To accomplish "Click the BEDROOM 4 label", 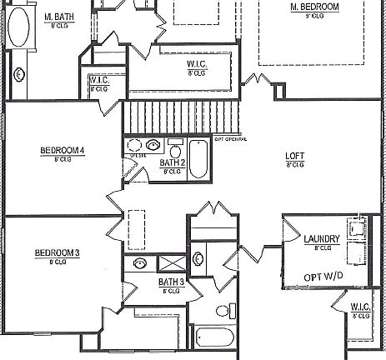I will (x=63, y=151).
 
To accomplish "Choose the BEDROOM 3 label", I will (x=57, y=253).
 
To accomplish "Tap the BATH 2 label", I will (x=172, y=162).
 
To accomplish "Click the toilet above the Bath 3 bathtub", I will (x=222, y=312).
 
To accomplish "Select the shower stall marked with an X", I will (x=172, y=263).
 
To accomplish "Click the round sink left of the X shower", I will (x=140, y=264).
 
